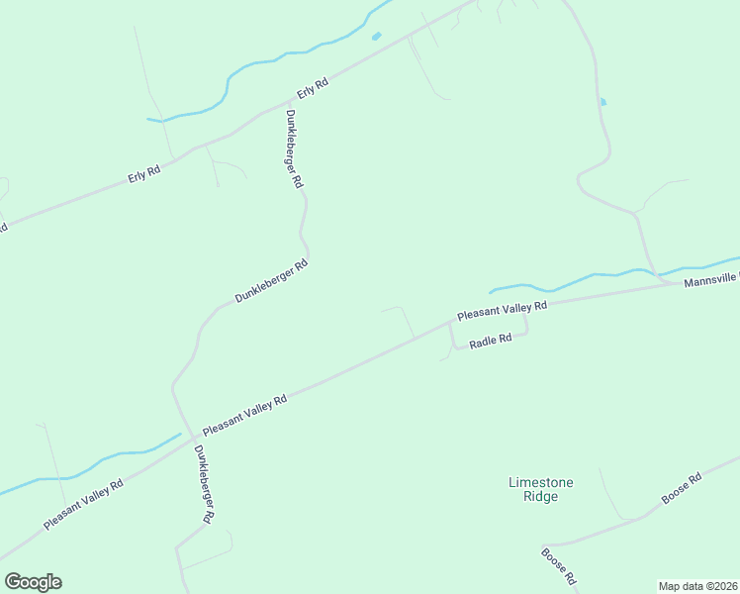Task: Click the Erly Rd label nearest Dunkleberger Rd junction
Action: click(313, 88)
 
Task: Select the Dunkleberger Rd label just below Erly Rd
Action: click(294, 149)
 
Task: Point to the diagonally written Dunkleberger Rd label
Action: click(272, 282)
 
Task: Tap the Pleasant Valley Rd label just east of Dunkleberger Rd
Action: click(244, 416)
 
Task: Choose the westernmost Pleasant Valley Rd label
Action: click(83, 504)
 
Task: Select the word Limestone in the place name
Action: click(540, 482)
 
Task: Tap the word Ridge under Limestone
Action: click(540, 496)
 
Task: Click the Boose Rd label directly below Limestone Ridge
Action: click(559, 565)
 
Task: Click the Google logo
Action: click(33, 582)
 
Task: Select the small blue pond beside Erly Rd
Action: click(376, 37)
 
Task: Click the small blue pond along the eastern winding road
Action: click(602, 101)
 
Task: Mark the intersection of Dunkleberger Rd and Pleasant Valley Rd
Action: click(190, 437)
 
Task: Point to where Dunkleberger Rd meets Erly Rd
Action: click(286, 102)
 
